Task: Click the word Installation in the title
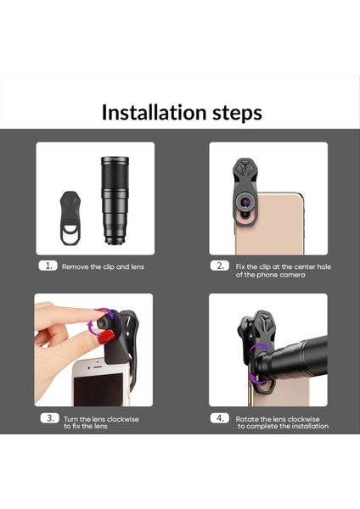[x=148, y=112]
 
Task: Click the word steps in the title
[x=230, y=112]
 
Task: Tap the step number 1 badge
[x=48, y=266]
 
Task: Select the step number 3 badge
[x=50, y=417]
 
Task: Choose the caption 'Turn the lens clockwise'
[x=100, y=418]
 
